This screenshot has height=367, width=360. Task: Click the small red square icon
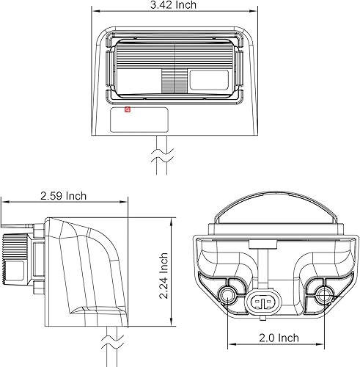pyautogui.click(x=127, y=112)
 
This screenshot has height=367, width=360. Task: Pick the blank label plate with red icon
pyautogui.click(x=140, y=120)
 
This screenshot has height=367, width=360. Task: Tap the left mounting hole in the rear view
pyautogui.click(x=229, y=295)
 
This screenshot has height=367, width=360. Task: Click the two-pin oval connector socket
pyautogui.click(x=263, y=300)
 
